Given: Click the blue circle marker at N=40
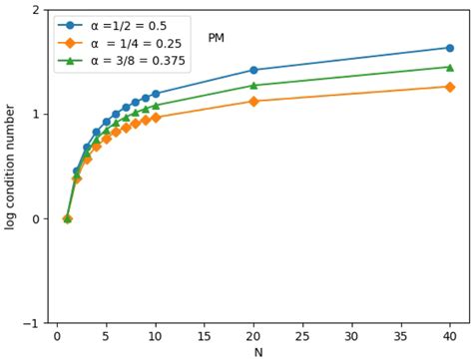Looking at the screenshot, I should pyautogui.click(x=449, y=48).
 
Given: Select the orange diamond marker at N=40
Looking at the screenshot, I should pyautogui.click(x=449, y=87).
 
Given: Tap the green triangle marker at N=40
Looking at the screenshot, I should pyautogui.click(x=449, y=67).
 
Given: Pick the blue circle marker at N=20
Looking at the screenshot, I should pyautogui.click(x=253, y=70).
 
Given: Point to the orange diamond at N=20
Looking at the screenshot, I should pyautogui.click(x=253, y=101).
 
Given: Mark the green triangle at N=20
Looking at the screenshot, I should pyautogui.click(x=253, y=85).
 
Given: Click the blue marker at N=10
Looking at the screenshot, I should pyautogui.click(x=156, y=94).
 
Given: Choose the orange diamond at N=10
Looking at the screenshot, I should pyautogui.click(x=156, y=118).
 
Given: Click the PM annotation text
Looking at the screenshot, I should pyautogui.click(x=216, y=38).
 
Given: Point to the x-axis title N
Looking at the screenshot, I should pyautogui.click(x=258, y=352).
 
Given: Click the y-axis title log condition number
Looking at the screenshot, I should pyautogui.click(x=10, y=167).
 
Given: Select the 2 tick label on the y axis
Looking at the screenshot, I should pyautogui.click(x=37, y=10).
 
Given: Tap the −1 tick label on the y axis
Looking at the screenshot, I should pyautogui.click(x=34, y=323).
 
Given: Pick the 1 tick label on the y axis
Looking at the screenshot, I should pyautogui.click(x=37, y=115).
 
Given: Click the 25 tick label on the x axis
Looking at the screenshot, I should pyautogui.click(x=302, y=335).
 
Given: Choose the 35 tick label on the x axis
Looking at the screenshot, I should pyautogui.click(x=400, y=335).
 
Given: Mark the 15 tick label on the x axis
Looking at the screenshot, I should pyautogui.click(x=205, y=335).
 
